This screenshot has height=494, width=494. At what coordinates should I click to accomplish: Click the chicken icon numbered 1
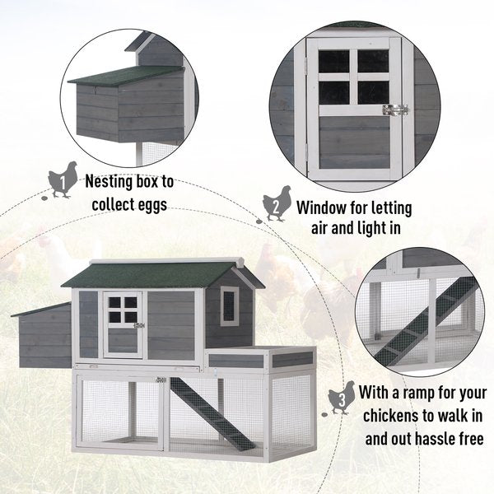tap(63, 179)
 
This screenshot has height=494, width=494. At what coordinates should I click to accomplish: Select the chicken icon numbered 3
tap(341, 398)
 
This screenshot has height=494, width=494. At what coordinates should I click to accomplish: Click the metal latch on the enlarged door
tap(395, 110)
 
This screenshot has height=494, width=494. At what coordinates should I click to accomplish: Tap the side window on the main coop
tap(230, 305)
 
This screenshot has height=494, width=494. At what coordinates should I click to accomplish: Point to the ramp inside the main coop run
tap(212, 413)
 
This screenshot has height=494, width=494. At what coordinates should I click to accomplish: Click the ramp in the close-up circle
tap(425, 326)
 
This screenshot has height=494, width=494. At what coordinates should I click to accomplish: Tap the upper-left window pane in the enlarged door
tap(333, 62)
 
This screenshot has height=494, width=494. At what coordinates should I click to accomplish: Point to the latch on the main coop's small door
tap(139, 325)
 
